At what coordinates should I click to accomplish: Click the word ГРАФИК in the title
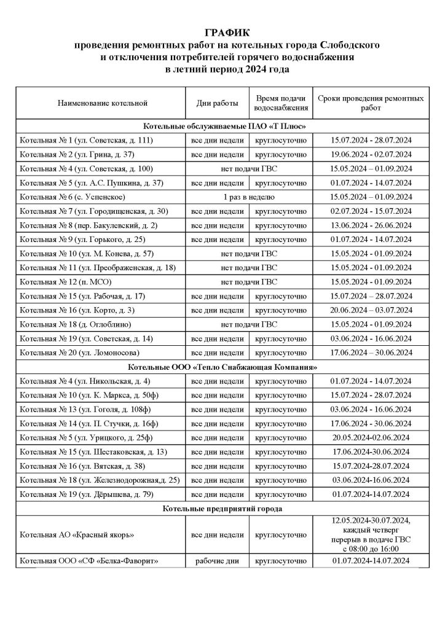[x=222, y=34]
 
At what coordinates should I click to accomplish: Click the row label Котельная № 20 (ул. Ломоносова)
[x=79, y=352]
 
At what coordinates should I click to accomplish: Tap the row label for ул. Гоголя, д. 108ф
[x=82, y=409]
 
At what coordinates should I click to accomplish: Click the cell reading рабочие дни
[x=216, y=561]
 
